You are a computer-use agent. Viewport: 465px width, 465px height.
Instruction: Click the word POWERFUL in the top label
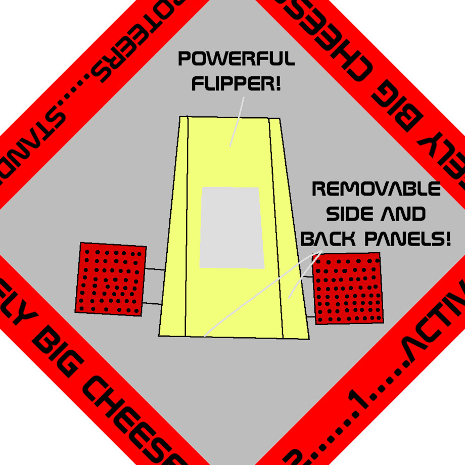coord(236,60)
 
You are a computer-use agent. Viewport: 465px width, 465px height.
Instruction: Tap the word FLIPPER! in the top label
coord(236,82)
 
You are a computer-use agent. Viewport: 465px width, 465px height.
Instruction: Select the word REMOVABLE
coord(377,190)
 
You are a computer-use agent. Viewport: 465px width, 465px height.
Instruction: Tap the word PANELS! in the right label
coord(407,239)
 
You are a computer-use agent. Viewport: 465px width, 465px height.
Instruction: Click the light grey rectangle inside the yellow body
coord(231,227)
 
